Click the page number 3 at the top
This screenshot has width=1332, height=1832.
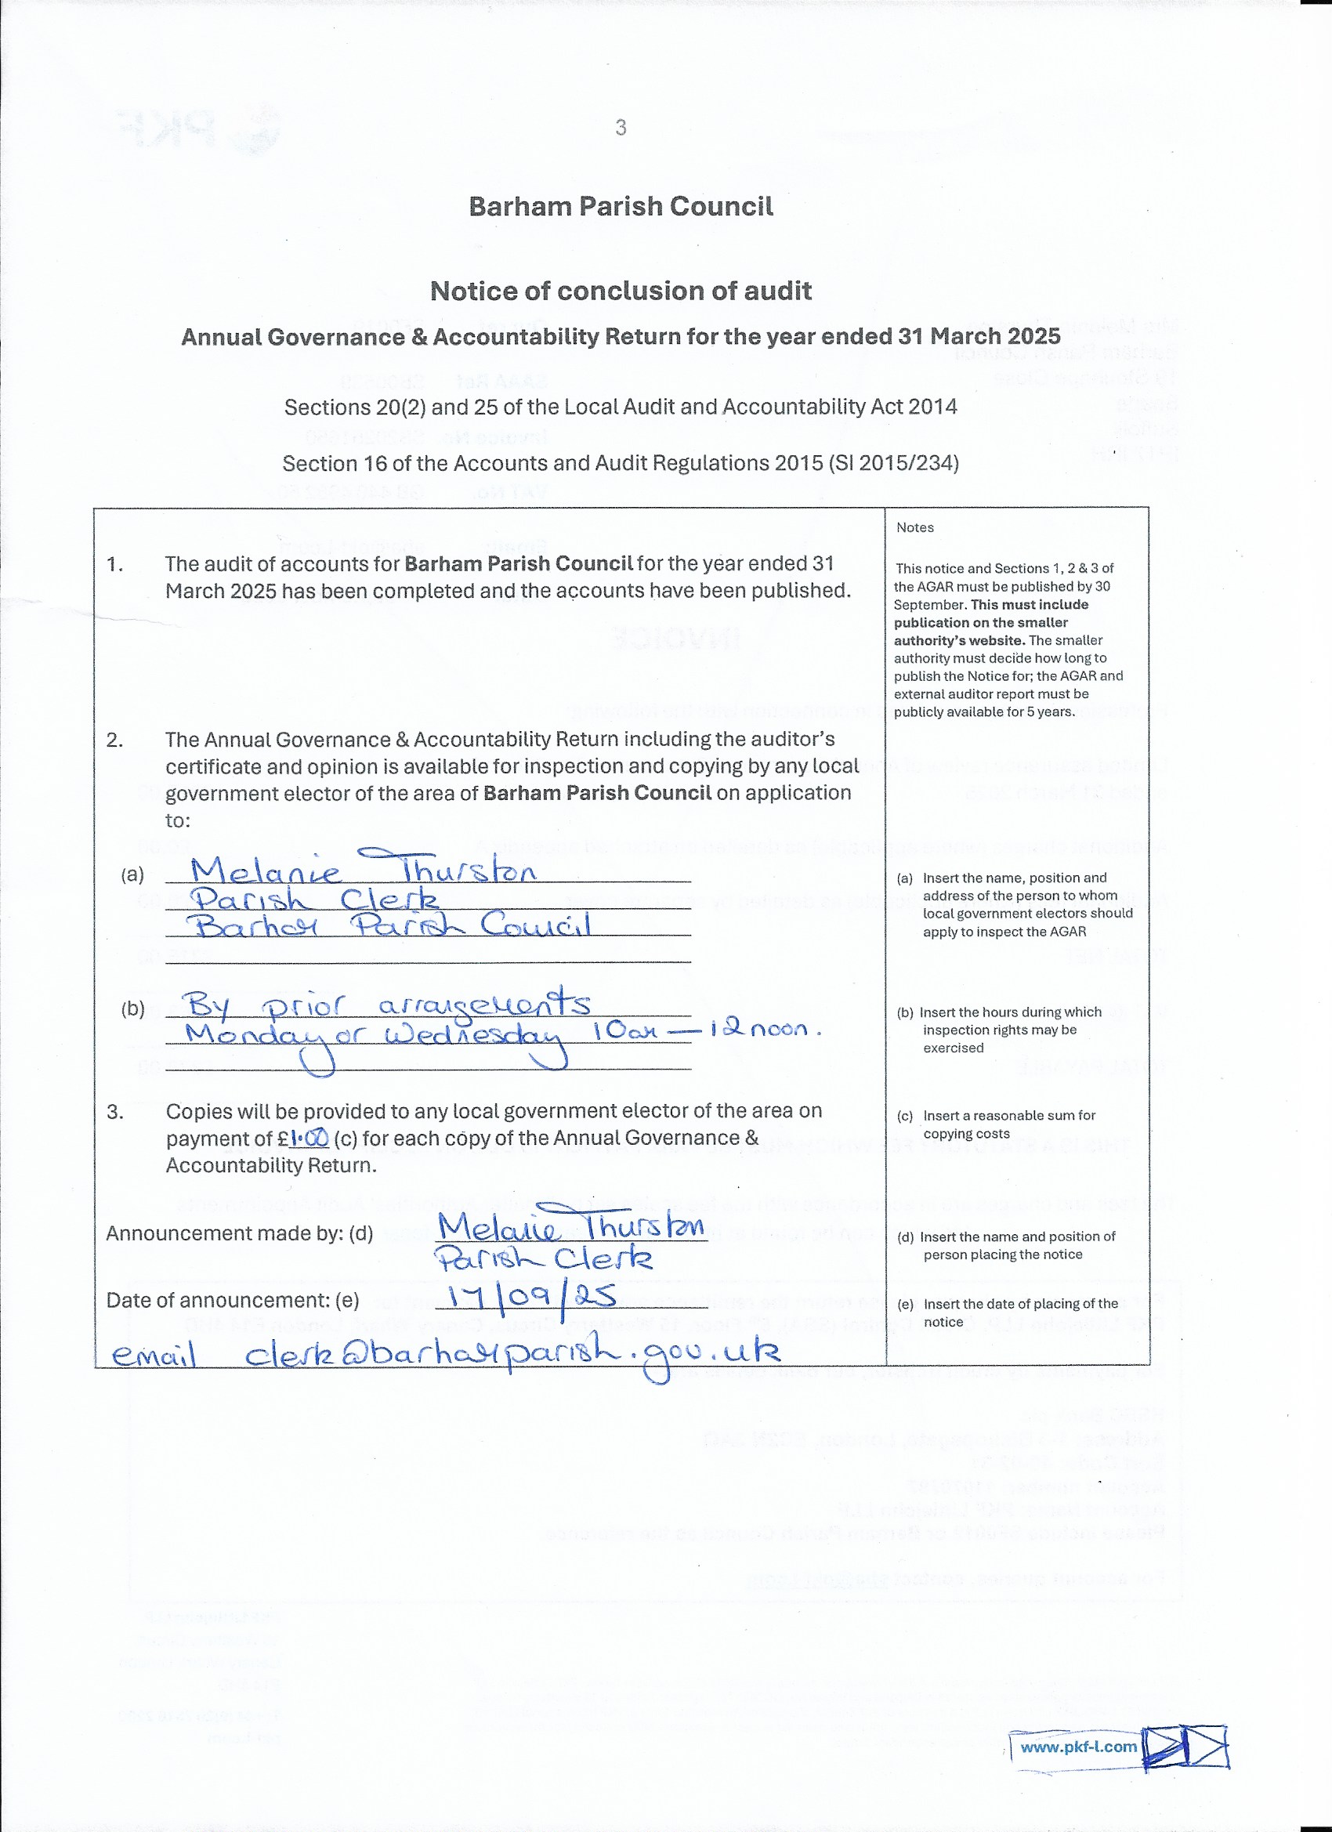tap(621, 128)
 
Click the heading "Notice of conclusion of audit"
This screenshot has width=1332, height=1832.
tap(621, 291)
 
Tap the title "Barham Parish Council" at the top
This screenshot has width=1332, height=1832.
tap(621, 207)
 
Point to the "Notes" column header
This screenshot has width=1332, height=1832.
tap(914, 527)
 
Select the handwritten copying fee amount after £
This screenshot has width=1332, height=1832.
tap(309, 1139)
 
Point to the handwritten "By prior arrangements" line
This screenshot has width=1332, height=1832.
tap(387, 1005)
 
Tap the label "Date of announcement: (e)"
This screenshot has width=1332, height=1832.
tap(233, 1300)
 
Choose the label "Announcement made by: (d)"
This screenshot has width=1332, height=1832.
tap(239, 1233)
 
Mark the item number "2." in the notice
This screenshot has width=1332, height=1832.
tap(114, 740)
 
